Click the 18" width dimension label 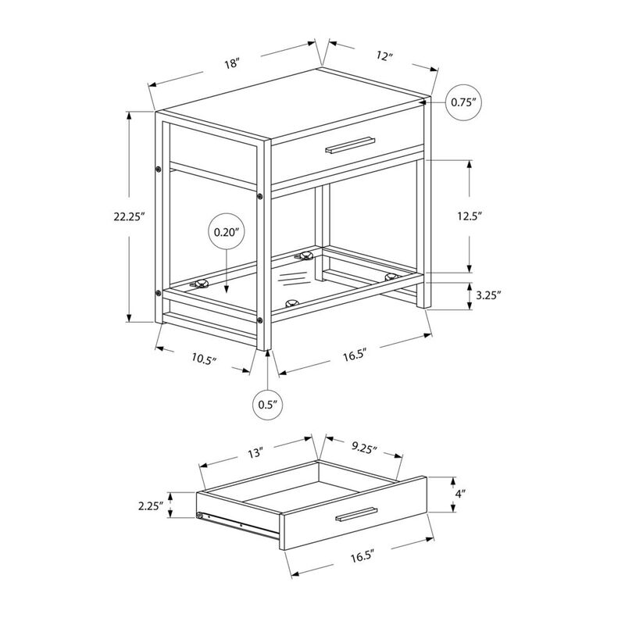click(x=231, y=63)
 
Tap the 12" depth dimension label click(x=384, y=55)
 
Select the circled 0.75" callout click(x=463, y=102)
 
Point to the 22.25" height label click(x=129, y=216)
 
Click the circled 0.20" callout click(x=227, y=231)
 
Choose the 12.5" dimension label click(x=470, y=216)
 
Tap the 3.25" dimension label click(x=488, y=295)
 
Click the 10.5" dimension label click(x=204, y=359)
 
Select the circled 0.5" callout click(x=268, y=405)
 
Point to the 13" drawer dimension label click(x=256, y=453)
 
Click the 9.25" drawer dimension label click(x=364, y=448)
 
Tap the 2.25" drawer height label click(x=151, y=505)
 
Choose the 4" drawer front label click(x=461, y=494)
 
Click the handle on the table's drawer click(x=350, y=145)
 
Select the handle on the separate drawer click(x=356, y=514)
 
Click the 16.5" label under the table click(x=355, y=355)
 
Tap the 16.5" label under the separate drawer click(x=363, y=556)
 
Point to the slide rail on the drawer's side click(x=238, y=524)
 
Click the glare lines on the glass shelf click(x=294, y=279)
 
